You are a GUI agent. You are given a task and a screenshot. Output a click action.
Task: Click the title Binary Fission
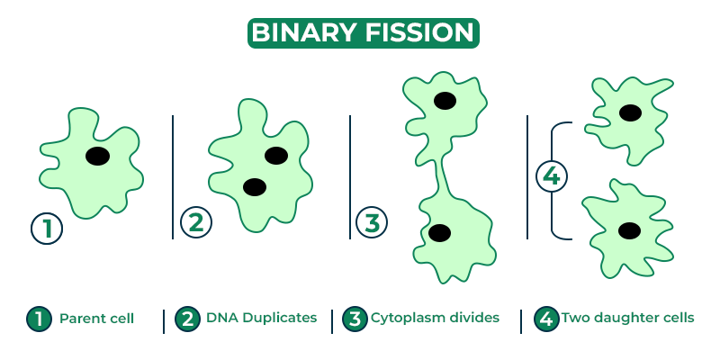tap(363, 32)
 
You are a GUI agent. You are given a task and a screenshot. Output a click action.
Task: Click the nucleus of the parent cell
tap(98, 156)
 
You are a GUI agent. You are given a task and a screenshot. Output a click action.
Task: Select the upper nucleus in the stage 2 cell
tap(276, 155)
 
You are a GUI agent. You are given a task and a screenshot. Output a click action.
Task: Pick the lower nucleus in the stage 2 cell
tap(255, 186)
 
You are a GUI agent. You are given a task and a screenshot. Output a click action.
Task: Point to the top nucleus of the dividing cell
tap(443, 100)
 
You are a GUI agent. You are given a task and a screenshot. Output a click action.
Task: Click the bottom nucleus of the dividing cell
tap(439, 233)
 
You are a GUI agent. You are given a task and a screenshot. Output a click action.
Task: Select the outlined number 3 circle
tap(370, 221)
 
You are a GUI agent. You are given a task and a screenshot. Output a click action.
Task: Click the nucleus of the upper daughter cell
tap(630, 112)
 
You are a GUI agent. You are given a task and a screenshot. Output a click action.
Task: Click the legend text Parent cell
tap(95, 319)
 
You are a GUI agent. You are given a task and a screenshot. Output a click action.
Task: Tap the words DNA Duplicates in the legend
tap(261, 318)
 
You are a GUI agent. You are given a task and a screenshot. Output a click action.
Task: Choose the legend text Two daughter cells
tap(628, 318)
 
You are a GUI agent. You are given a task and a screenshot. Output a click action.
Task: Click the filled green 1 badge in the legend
tap(39, 319)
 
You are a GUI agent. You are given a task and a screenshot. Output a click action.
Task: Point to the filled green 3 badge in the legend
tap(355, 319)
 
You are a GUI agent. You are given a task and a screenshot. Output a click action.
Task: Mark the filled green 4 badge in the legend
tap(545, 319)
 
